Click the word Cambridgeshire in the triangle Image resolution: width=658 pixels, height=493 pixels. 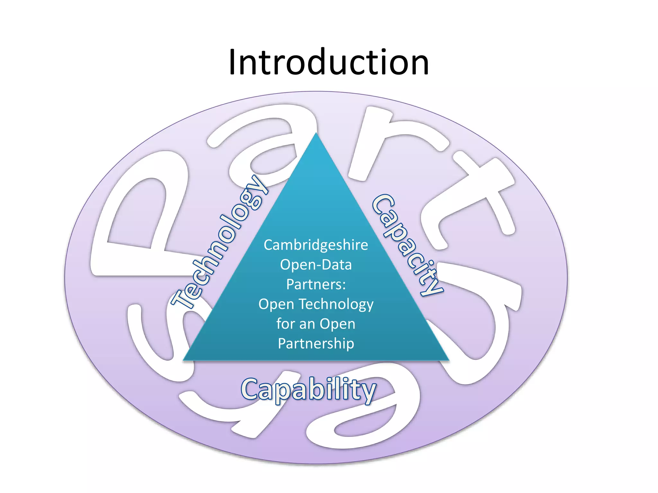[x=316, y=245]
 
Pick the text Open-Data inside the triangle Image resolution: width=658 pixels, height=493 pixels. [x=316, y=265]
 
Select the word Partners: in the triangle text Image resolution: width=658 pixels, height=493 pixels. [x=316, y=284]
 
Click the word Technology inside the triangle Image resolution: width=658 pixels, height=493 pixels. [x=336, y=304]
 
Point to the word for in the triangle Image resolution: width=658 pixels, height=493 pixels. [x=286, y=324]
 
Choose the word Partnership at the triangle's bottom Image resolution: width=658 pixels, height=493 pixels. [x=316, y=343]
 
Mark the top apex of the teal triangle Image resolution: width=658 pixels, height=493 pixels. [x=316, y=134]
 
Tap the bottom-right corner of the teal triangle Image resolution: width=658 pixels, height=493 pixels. [x=448, y=360]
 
